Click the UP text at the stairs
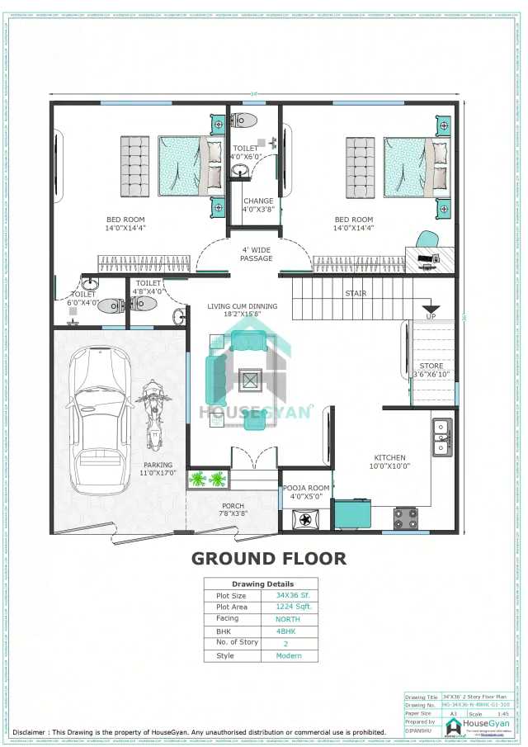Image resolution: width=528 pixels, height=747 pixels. (431, 317)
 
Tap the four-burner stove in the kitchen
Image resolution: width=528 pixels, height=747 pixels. (405, 518)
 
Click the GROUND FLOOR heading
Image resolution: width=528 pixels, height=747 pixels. (269, 559)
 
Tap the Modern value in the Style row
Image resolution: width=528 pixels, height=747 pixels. (288, 656)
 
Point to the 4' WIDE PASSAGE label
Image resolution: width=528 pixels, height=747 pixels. (257, 254)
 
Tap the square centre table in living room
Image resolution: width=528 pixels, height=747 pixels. (250, 381)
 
